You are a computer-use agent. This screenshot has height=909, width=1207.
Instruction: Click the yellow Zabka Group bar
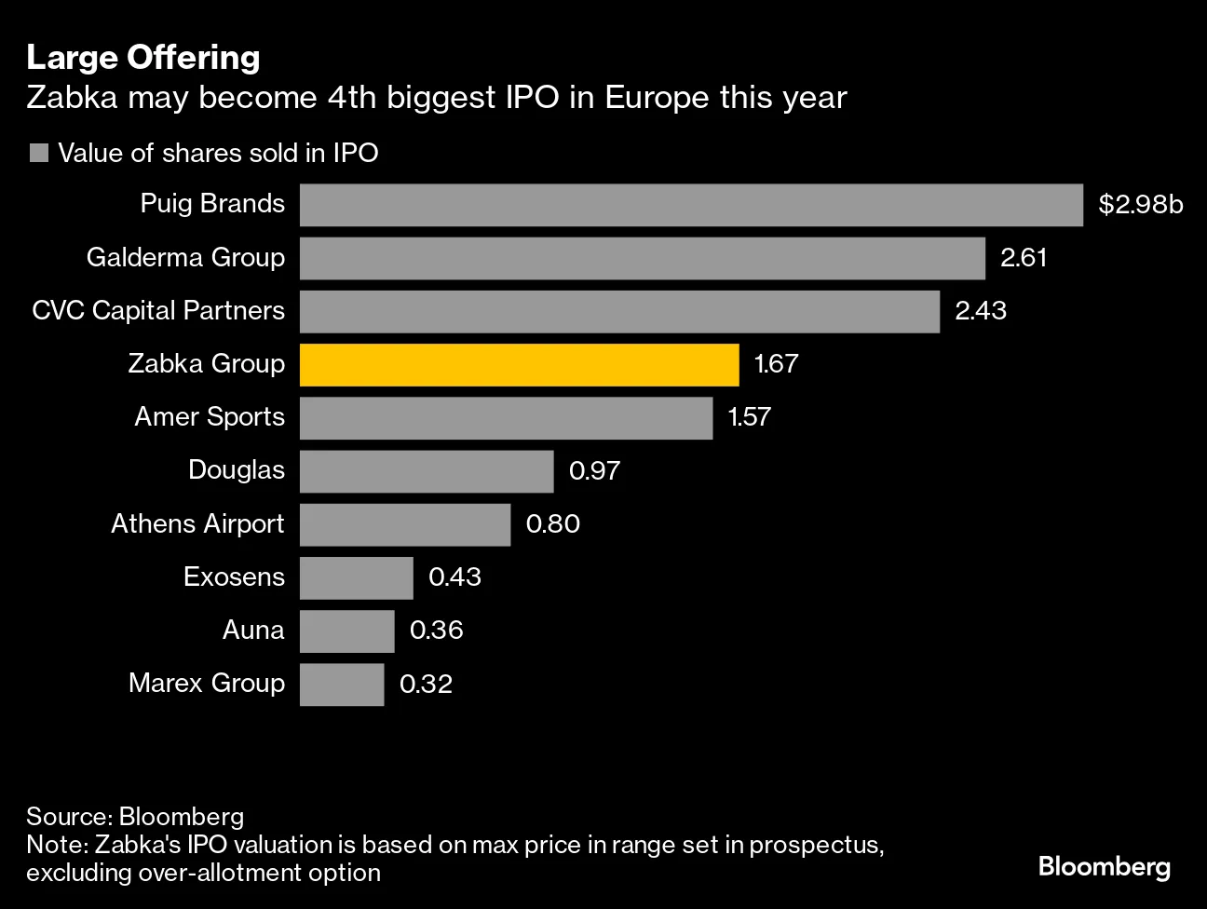pyautogui.click(x=519, y=365)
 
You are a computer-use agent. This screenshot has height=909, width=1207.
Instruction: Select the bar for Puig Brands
pyautogui.click(x=691, y=205)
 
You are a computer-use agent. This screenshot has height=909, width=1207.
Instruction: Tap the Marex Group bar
pyautogui.click(x=342, y=685)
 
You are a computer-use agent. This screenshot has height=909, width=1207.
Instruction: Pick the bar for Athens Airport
pyautogui.click(x=405, y=525)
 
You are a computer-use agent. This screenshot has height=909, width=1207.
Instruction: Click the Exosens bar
pyautogui.click(x=357, y=578)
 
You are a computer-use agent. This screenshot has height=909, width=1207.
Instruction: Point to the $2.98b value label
pyautogui.click(x=1140, y=205)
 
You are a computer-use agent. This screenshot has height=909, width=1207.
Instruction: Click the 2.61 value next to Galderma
pyautogui.click(x=1024, y=258)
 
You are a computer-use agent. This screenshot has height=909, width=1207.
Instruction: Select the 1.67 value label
pyautogui.click(x=776, y=364)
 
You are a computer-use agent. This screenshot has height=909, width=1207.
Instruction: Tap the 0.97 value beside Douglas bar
pyautogui.click(x=594, y=471)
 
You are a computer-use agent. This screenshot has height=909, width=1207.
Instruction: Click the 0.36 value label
pyautogui.click(x=436, y=631)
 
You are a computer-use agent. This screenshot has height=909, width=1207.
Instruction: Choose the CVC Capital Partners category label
pyautogui.click(x=158, y=311)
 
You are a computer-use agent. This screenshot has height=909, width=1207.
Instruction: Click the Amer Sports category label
pyautogui.click(x=210, y=417)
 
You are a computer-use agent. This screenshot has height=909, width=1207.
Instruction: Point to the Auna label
pyautogui.click(x=253, y=631)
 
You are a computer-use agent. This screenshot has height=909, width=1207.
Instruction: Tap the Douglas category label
pyautogui.click(x=237, y=470)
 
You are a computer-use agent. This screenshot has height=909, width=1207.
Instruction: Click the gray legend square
pyautogui.click(x=39, y=154)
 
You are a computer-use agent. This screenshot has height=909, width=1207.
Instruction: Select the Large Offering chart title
pyautogui.click(x=143, y=58)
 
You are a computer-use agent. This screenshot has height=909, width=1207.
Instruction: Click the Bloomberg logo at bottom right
pyautogui.click(x=1104, y=867)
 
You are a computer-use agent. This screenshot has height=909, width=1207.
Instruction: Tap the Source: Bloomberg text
pyautogui.click(x=135, y=817)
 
